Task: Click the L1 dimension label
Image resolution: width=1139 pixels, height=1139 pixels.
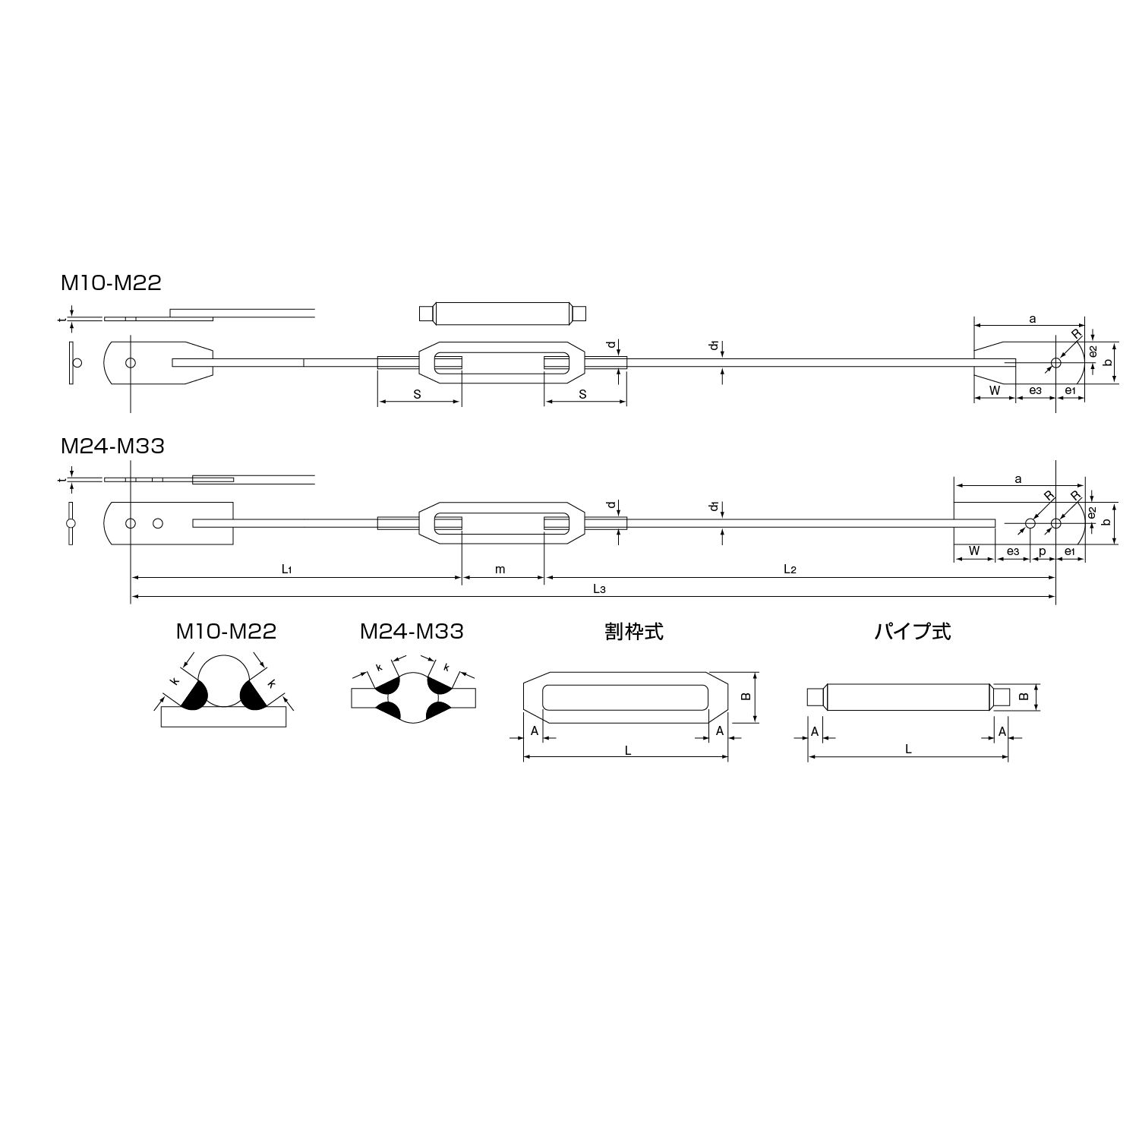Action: click(287, 569)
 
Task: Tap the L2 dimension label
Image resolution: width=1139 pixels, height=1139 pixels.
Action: click(790, 569)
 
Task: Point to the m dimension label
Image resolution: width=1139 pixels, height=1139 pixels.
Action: click(500, 569)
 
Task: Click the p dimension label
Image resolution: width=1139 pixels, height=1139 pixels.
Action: click(1042, 552)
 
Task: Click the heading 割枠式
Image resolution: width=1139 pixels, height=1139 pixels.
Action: click(634, 631)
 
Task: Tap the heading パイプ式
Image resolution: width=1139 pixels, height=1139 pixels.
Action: click(912, 631)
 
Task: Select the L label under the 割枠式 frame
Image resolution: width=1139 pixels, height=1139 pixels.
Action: click(628, 750)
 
